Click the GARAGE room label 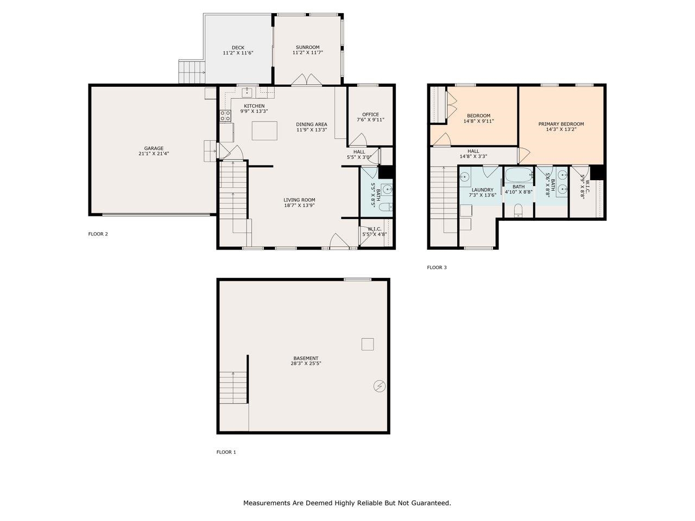coord(154,148)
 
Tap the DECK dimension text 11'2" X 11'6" coord(238,53)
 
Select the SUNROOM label coord(307,47)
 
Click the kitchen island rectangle coord(264,131)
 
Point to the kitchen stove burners coord(225,116)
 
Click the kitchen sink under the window coord(247,93)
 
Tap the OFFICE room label coord(370,115)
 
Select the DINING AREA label coord(312,124)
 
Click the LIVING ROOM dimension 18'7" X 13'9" coord(299,205)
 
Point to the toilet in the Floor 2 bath coord(386,207)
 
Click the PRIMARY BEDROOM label coord(561,124)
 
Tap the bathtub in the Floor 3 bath coord(519,175)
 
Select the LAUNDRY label coord(482,190)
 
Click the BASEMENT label coord(306,358)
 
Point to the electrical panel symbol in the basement coord(380,386)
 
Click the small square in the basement coord(368,344)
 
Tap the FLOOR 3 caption coord(437,268)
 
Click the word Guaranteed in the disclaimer coord(431,503)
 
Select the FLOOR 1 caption coord(226,452)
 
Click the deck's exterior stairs coord(192,72)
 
